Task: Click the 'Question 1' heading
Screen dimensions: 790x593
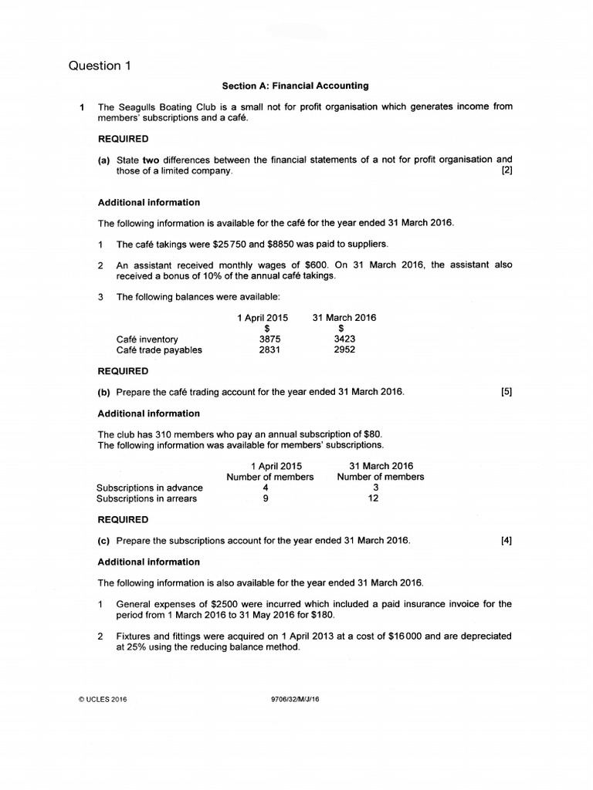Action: click(x=100, y=66)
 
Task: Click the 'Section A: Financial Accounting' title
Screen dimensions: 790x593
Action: click(x=296, y=86)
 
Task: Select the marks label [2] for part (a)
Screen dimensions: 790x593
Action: click(x=507, y=171)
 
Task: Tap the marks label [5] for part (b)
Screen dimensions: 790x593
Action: click(x=507, y=392)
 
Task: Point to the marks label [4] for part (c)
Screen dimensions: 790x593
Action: click(x=507, y=541)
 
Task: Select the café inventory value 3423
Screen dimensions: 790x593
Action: click(x=344, y=339)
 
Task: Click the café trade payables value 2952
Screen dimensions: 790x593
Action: click(x=344, y=349)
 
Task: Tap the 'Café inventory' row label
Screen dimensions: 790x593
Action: click(x=147, y=339)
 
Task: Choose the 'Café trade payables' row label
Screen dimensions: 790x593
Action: click(x=159, y=349)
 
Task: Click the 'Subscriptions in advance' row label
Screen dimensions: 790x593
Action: click(x=150, y=488)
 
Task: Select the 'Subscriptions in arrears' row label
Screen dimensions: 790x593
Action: click(x=147, y=498)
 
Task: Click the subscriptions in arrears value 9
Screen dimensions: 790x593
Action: click(x=266, y=498)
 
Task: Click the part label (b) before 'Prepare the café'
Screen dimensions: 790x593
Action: click(x=104, y=392)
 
